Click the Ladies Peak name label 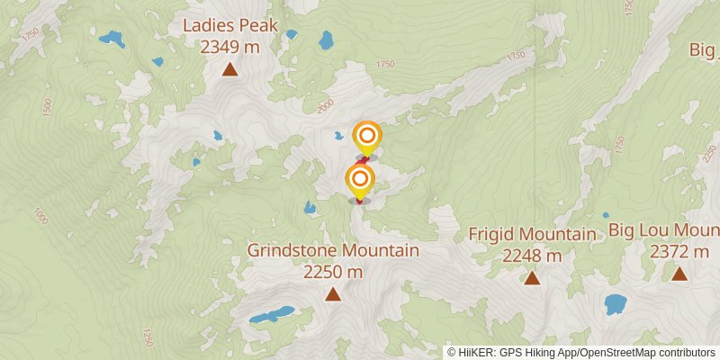click(x=229, y=25)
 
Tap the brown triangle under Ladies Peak click(x=230, y=68)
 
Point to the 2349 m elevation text click(x=229, y=47)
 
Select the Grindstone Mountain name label click(x=333, y=250)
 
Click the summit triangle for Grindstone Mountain click(x=333, y=293)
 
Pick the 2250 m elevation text click(x=333, y=272)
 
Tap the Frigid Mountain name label click(x=532, y=235)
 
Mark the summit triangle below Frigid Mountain click(x=532, y=278)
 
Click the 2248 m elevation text click(x=532, y=256)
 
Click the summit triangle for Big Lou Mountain click(x=679, y=274)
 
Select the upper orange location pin click(x=367, y=138)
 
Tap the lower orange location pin click(x=360, y=178)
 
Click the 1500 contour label click(x=47, y=106)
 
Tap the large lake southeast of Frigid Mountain click(x=616, y=304)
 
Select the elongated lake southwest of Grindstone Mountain click(x=272, y=315)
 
